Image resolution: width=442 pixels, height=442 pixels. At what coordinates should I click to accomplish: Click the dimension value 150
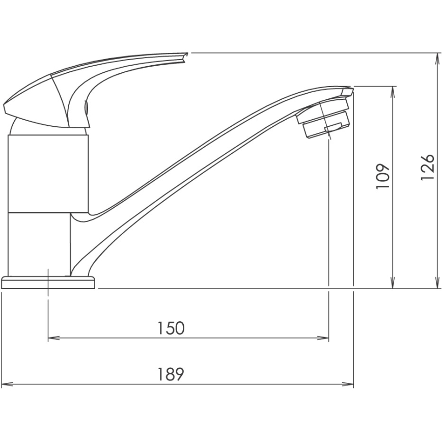[171, 328]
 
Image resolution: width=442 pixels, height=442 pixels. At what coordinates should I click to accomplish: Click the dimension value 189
[171, 375]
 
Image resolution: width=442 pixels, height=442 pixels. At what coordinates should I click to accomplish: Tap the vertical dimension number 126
[428, 167]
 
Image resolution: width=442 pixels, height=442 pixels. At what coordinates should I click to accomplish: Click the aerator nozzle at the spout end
[324, 119]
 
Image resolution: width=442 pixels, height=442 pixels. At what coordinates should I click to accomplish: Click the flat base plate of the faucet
[48, 283]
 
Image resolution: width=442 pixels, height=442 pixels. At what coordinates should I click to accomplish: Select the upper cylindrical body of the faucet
[49, 173]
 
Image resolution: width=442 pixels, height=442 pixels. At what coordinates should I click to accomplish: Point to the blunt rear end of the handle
[7, 108]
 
